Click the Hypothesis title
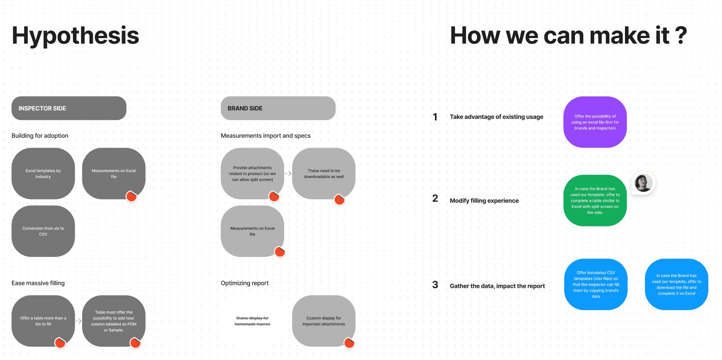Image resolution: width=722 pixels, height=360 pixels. [x=76, y=35]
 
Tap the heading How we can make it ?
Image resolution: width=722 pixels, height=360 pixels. [x=568, y=35]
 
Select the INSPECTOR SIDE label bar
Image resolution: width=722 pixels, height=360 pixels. [x=69, y=108]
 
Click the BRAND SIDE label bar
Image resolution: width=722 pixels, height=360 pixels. [x=278, y=108]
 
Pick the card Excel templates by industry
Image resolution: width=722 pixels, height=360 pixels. [x=43, y=174]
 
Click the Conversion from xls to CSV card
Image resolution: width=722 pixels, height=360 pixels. [x=43, y=231]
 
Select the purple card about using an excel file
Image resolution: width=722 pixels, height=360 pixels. [x=595, y=122]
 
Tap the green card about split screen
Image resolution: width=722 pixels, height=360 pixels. [x=595, y=200]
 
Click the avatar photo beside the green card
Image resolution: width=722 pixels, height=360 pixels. [x=643, y=183]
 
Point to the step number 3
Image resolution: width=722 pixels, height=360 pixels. [x=435, y=285]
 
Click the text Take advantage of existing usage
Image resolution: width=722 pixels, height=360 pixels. [x=496, y=117]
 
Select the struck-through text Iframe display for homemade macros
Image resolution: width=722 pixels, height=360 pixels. [x=252, y=321]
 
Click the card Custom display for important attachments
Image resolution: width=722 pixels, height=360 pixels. [x=324, y=321]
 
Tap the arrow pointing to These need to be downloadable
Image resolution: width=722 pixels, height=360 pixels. [x=288, y=174]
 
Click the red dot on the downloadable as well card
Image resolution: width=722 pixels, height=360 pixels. [x=339, y=200]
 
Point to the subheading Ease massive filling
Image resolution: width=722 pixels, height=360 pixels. [x=38, y=283]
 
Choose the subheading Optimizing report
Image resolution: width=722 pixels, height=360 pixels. [x=245, y=283]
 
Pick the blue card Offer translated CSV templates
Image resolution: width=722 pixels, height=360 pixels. [x=595, y=285]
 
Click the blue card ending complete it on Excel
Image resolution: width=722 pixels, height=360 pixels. [x=676, y=285]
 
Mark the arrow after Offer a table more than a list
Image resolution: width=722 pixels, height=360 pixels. [x=79, y=321]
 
